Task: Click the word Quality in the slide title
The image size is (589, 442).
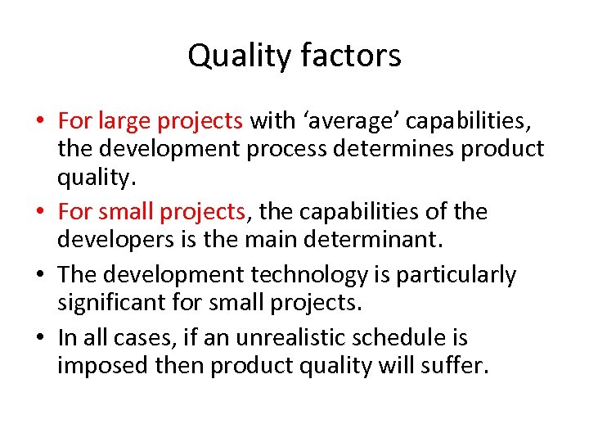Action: (238, 56)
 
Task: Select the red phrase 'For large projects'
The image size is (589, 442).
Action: (151, 122)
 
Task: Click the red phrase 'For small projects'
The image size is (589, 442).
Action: (152, 212)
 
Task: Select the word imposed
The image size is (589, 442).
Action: (103, 365)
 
